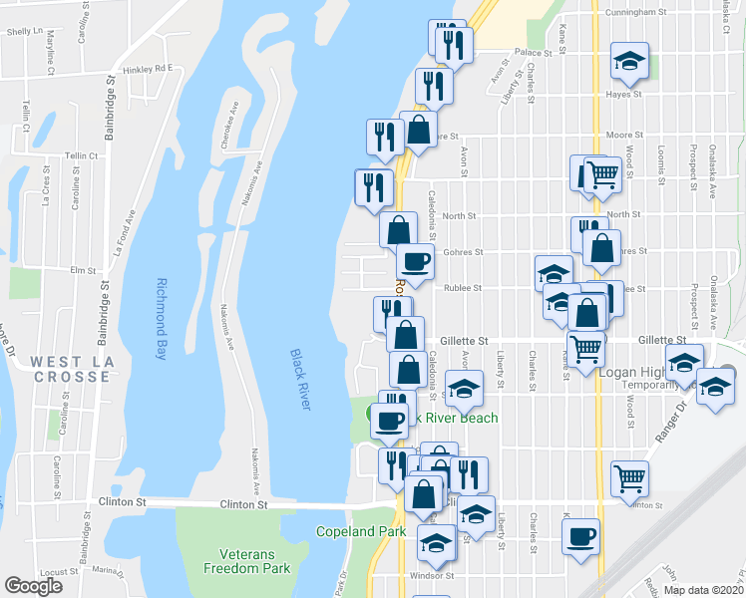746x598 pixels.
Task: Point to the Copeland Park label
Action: (x=360, y=531)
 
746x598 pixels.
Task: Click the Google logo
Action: (x=34, y=585)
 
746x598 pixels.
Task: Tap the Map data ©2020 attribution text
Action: (x=703, y=590)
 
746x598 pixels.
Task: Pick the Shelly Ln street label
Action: (x=20, y=32)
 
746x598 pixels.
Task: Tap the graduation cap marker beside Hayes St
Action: (x=628, y=61)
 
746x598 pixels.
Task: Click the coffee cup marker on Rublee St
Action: (x=414, y=262)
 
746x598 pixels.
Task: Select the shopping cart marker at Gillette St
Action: (x=585, y=348)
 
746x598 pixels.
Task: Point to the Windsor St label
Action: (x=435, y=575)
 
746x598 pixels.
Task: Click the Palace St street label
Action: (x=534, y=52)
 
